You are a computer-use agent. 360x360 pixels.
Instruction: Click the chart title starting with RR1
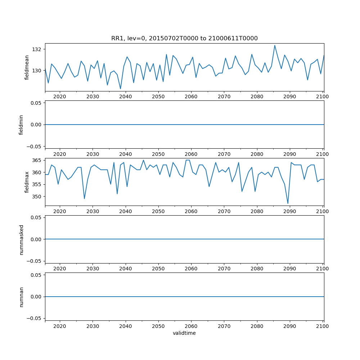(x=184, y=39)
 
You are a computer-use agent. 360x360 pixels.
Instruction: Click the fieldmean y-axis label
(x=27, y=67)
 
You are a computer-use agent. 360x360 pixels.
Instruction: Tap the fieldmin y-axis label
(x=21, y=125)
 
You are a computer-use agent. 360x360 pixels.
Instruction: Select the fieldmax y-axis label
(x=27, y=182)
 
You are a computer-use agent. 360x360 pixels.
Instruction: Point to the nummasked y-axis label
(x=21, y=239)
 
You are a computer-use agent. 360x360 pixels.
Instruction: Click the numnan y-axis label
(x=21, y=297)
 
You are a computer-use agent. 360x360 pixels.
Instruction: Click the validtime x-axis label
(x=184, y=333)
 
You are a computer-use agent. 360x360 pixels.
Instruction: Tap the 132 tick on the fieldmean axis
(x=38, y=49)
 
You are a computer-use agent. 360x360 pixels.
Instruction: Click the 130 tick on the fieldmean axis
(x=38, y=71)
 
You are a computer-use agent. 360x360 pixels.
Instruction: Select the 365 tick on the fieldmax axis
(x=38, y=160)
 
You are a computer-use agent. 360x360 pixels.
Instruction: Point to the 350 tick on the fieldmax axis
(x=38, y=197)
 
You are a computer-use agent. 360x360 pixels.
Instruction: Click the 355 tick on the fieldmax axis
(x=38, y=184)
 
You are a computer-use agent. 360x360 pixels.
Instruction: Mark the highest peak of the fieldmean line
(x=275, y=45)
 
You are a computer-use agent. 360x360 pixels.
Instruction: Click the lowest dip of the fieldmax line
(x=288, y=203)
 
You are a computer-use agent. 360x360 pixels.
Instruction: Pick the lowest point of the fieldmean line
(x=121, y=89)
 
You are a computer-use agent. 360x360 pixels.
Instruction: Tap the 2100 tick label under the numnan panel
(x=323, y=326)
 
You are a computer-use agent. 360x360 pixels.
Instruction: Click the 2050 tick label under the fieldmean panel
(x=158, y=96)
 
